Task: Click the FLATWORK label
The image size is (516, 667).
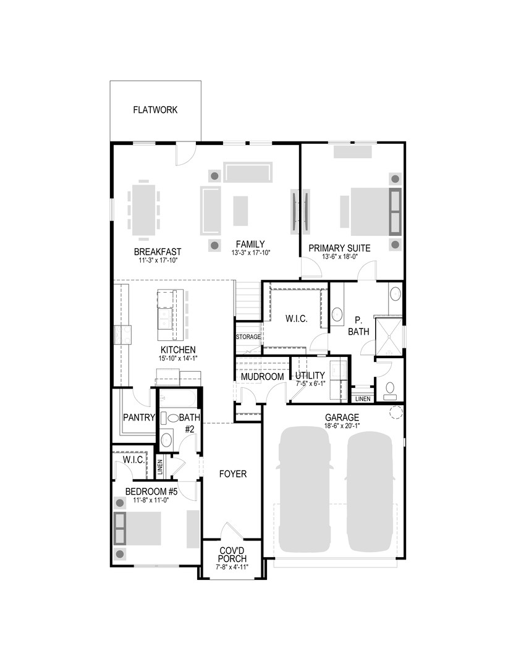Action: click(155, 111)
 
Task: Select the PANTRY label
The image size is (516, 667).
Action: click(138, 417)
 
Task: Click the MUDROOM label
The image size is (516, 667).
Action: click(262, 377)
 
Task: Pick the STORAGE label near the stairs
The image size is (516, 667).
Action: click(248, 337)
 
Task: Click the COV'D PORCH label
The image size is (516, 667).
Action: click(233, 554)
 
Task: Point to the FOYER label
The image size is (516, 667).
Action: click(233, 474)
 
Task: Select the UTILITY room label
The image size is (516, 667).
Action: click(310, 376)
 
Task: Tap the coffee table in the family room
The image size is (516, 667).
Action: click(240, 211)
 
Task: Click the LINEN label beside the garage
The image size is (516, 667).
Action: click(363, 399)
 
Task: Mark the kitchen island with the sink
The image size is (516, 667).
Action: click(167, 315)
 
